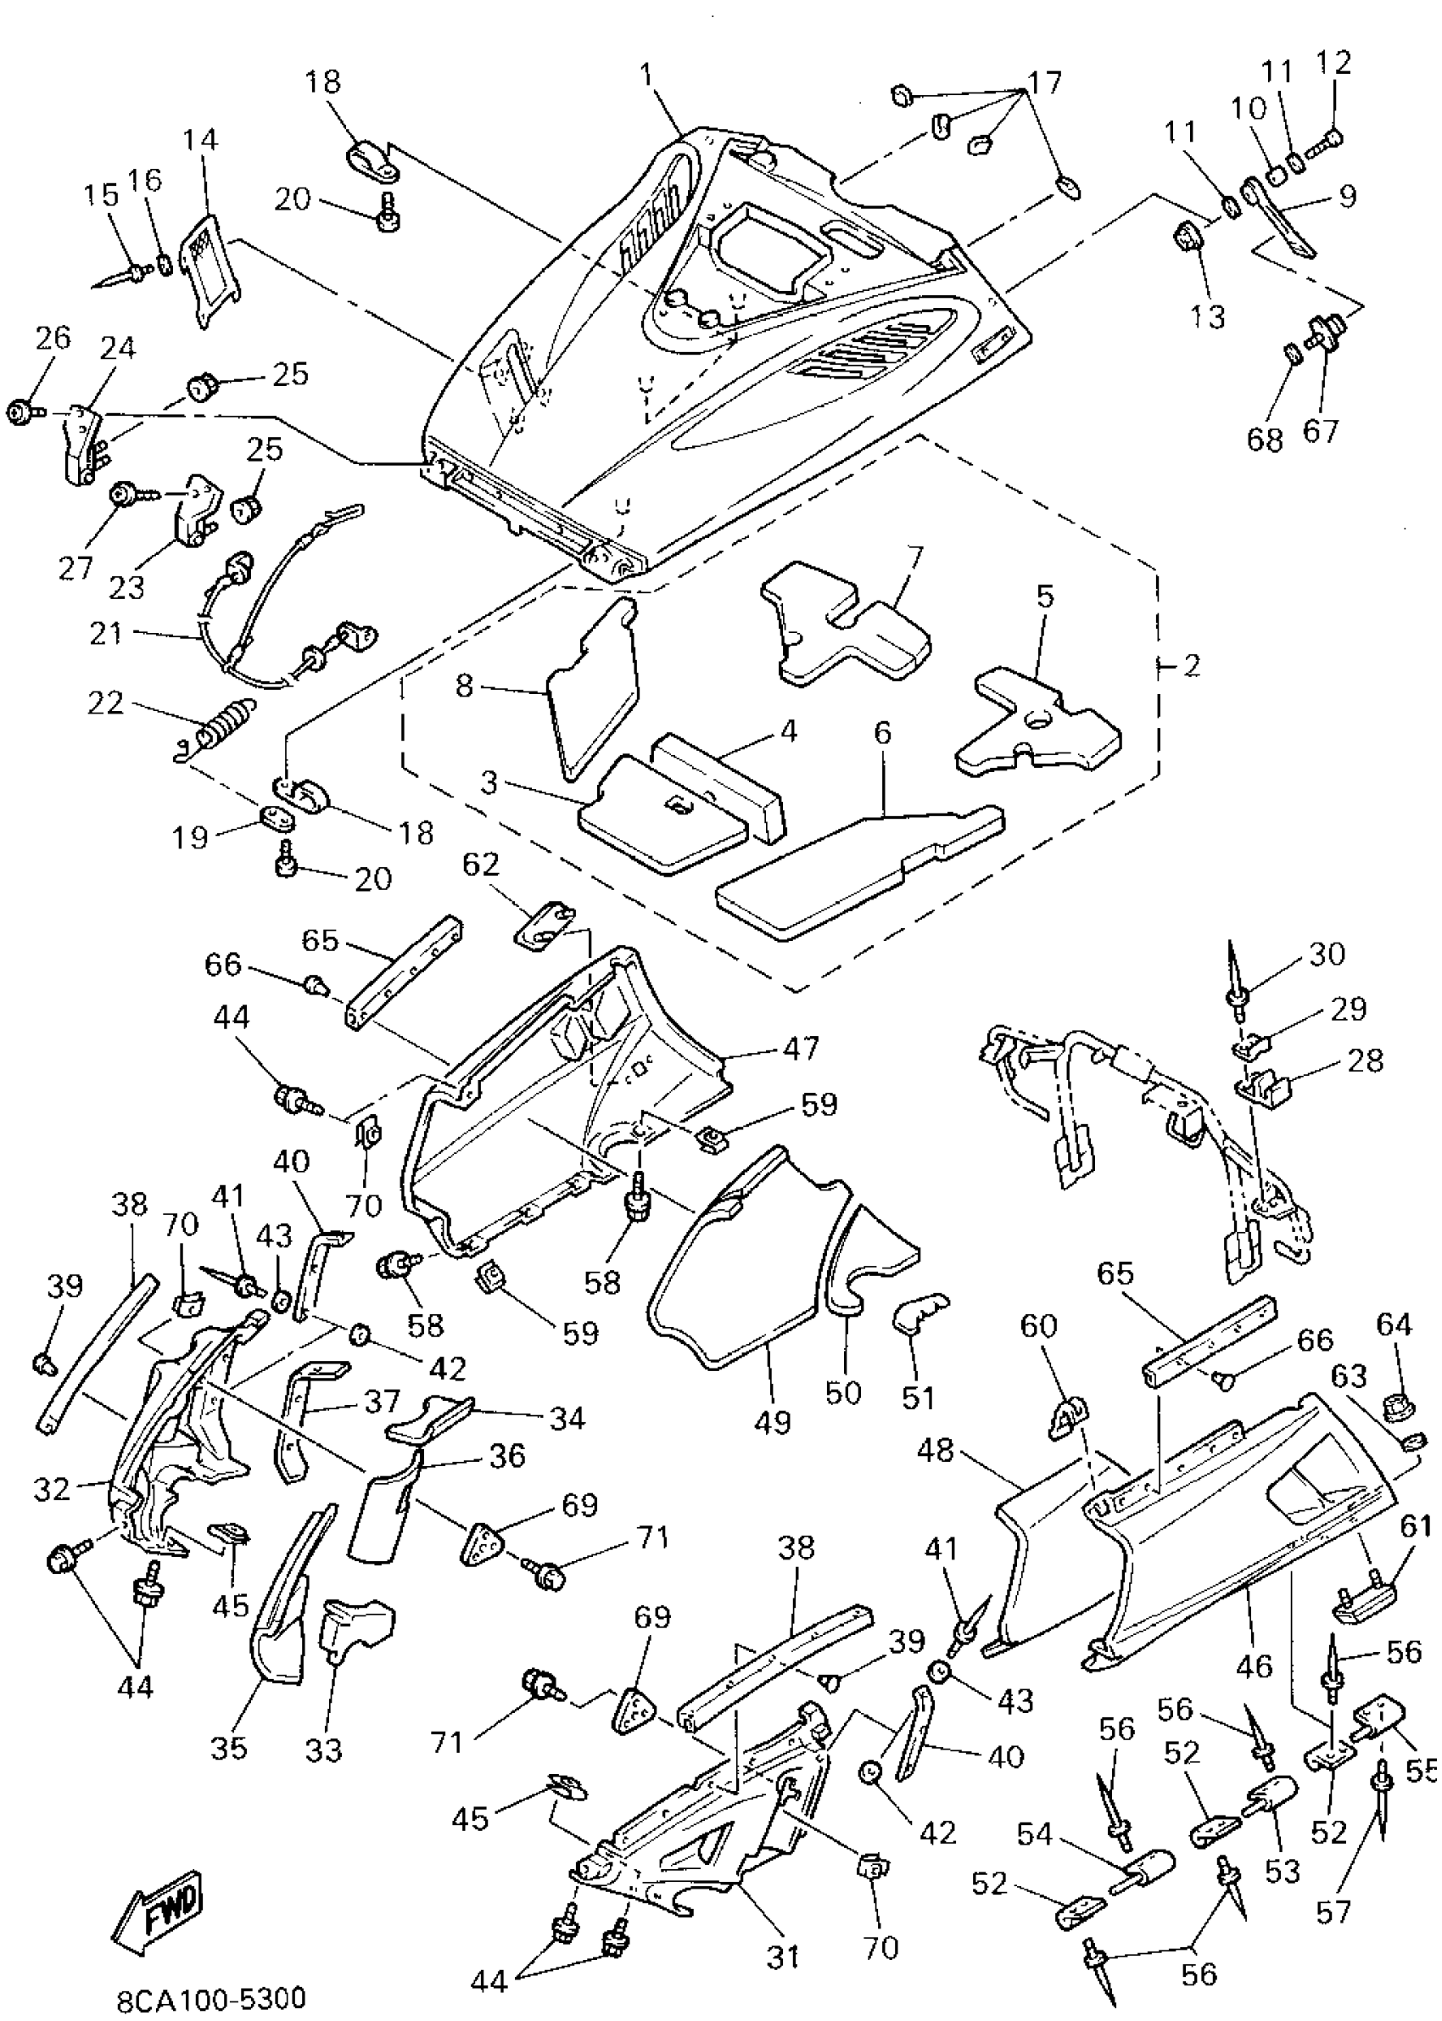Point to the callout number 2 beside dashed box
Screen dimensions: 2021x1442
(1191, 665)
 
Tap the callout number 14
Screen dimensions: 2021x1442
(202, 139)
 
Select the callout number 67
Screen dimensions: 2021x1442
(1321, 432)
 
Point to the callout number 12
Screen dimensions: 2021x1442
(1333, 62)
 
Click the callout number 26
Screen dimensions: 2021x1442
(53, 339)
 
